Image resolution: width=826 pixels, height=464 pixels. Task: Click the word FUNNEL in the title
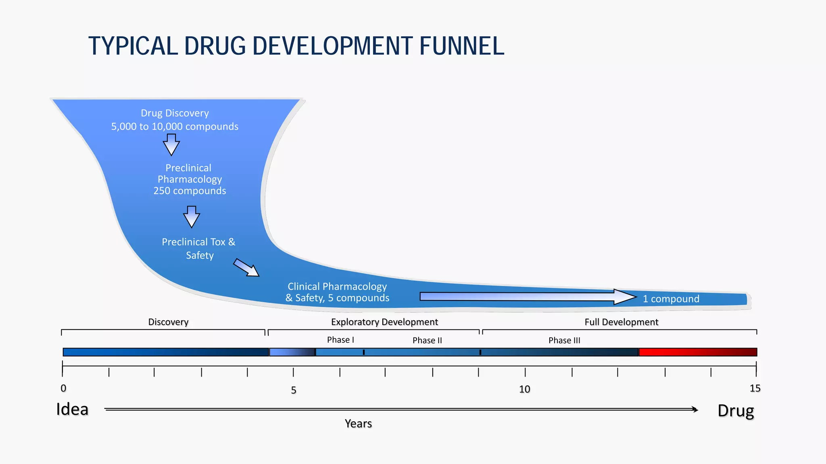[x=462, y=46]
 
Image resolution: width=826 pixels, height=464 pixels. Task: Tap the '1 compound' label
[x=671, y=299]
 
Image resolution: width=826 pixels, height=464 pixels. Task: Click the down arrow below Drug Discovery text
[x=171, y=145]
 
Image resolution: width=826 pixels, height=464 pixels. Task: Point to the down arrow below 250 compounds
[x=192, y=217]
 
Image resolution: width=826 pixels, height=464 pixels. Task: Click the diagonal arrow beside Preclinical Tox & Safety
[x=246, y=268]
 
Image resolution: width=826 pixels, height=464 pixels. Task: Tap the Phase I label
[x=340, y=340]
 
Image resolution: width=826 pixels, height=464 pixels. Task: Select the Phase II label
[x=427, y=341]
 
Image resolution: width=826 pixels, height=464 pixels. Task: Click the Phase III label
[x=564, y=341]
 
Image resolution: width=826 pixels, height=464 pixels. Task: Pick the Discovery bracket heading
[x=168, y=322]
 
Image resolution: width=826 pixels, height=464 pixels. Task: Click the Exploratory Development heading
[x=384, y=322]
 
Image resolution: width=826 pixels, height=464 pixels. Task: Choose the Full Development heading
[x=621, y=322]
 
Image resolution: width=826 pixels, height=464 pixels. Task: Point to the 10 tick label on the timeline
[x=524, y=389]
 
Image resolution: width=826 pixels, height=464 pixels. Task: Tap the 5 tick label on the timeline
[x=294, y=390]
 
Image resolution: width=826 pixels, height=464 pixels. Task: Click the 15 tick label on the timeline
[x=755, y=389]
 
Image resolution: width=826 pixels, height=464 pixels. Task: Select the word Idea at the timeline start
[x=72, y=410]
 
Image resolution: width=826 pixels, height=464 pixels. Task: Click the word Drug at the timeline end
[x=736, y=411]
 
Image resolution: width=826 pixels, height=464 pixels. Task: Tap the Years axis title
[x=358, y=424]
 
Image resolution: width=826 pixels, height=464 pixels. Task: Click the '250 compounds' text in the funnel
[x=190, y=191]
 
